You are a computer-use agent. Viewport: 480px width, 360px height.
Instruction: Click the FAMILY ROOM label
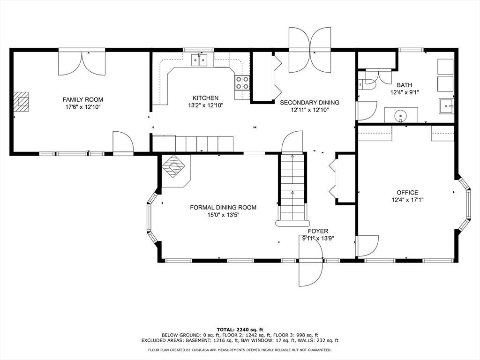(83, 99)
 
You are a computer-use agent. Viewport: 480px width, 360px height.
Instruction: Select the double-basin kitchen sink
(200, 60)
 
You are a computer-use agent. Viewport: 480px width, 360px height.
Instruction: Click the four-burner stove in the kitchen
(242, 83)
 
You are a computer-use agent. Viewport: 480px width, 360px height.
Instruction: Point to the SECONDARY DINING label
(309, 102)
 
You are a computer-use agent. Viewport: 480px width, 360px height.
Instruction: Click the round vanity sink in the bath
(401, 114)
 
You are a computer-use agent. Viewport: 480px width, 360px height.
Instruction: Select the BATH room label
(404, 85)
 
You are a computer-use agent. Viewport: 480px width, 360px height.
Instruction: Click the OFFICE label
(407, 192)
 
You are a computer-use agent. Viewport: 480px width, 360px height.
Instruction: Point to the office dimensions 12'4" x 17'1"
(407, 200)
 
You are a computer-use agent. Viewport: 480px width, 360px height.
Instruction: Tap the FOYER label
(318, 231)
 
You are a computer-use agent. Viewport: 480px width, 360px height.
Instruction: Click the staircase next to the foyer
(292, 187)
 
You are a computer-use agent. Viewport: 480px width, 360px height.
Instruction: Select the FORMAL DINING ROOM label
(223, 207)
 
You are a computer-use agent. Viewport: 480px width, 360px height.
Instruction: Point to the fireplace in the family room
(21, 101)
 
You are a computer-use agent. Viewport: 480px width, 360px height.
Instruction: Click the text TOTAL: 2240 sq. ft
(240, 329)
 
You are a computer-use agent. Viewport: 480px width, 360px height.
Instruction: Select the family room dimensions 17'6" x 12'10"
(83, 107)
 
